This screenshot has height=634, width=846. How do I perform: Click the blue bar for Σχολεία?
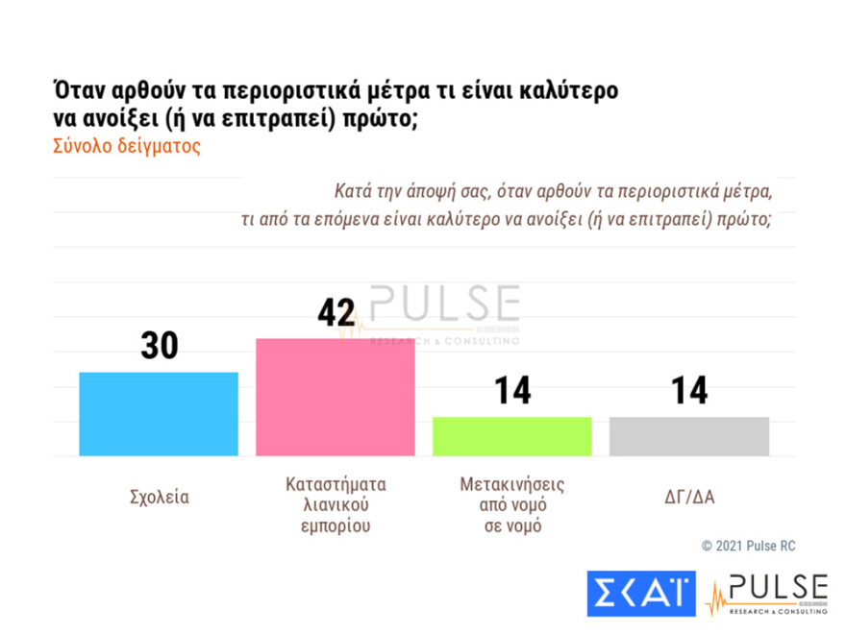pyautogui.click(x=159, y=414)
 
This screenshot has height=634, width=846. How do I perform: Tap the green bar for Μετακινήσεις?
pyautogui.click(x=511, y=436)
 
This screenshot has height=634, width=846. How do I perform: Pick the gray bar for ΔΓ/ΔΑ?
pyautogui.click(x=689, y=436)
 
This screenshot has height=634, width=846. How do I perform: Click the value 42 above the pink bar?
pyautogui.click(x=336, y=313)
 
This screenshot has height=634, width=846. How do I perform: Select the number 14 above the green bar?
pyautogui.click(x=512, y=391)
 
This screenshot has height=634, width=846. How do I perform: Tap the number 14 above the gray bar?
pyautogui.click(x=688, y=391)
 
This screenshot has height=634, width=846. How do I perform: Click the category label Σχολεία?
pyautogui.click(x=159, y=498)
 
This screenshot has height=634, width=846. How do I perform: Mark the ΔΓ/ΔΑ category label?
pyautogui.click(x=689, y=498)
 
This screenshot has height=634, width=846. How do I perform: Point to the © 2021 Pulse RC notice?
pyautogui.click(x=748, y=546)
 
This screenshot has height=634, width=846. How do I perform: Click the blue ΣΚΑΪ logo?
pyautogui.click(x=640, y=593)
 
